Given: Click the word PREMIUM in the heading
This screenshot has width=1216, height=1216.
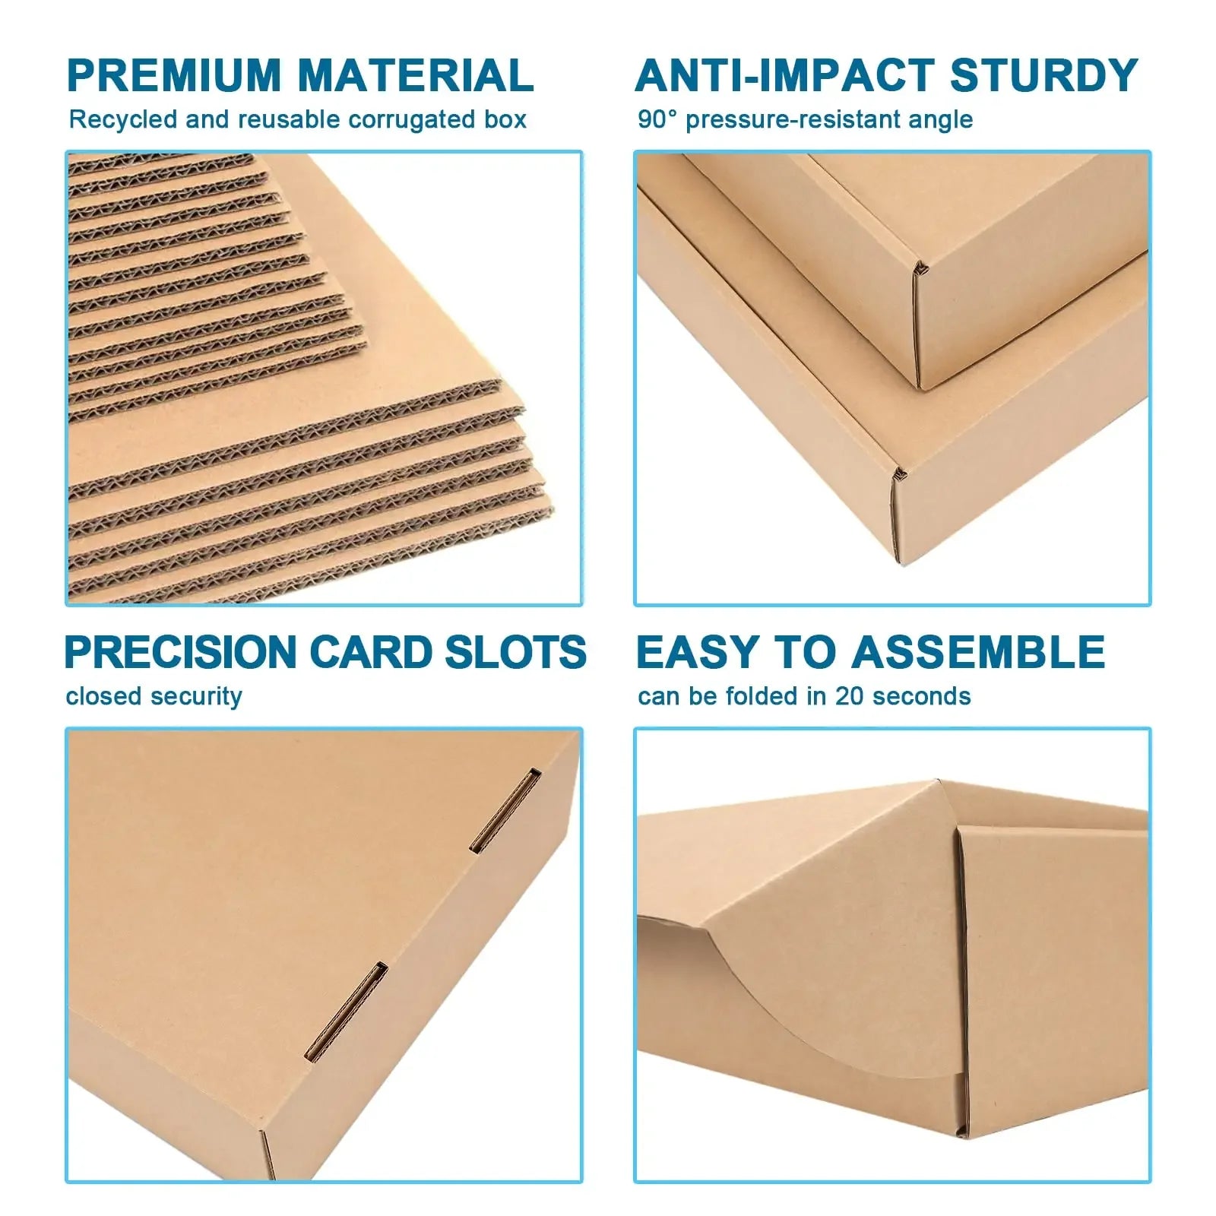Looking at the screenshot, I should coord(174,75).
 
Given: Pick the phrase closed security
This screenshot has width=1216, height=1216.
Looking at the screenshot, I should coord(154,696).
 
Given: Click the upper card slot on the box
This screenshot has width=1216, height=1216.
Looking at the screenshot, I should coord(505,810).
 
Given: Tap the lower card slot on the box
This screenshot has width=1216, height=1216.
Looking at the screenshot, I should coord(346,1012).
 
